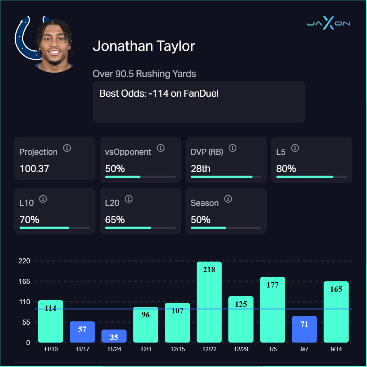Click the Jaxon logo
pyautogui.click(x=328, y=24)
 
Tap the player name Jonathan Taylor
pyautogui.click(x=144, y=46)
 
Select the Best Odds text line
pyautogui.click(x=159, y=93)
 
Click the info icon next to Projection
pyautogui.click(x=67, y=148)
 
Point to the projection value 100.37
pyautogui.click(x=34, y=169)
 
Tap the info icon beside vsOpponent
pyautogui.click(x=161, y=148)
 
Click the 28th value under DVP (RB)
pyautogui.click(x=200, y=169)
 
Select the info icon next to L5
pyautogui.click(x=295, y=148)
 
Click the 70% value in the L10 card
pyautogui.click(x=29, y=220)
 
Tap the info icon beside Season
pyautogui.click(x=228, y=199)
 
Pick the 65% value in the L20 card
pyautogui.click(x=115, y=220)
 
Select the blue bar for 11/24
pyautogui.click(x=114, y=336)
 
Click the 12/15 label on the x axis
pyautogui.click(x=177, y=349)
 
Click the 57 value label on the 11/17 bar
pyautogui.click(x=82, y=329)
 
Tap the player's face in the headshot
pyautogui.click(x=55, y=47)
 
